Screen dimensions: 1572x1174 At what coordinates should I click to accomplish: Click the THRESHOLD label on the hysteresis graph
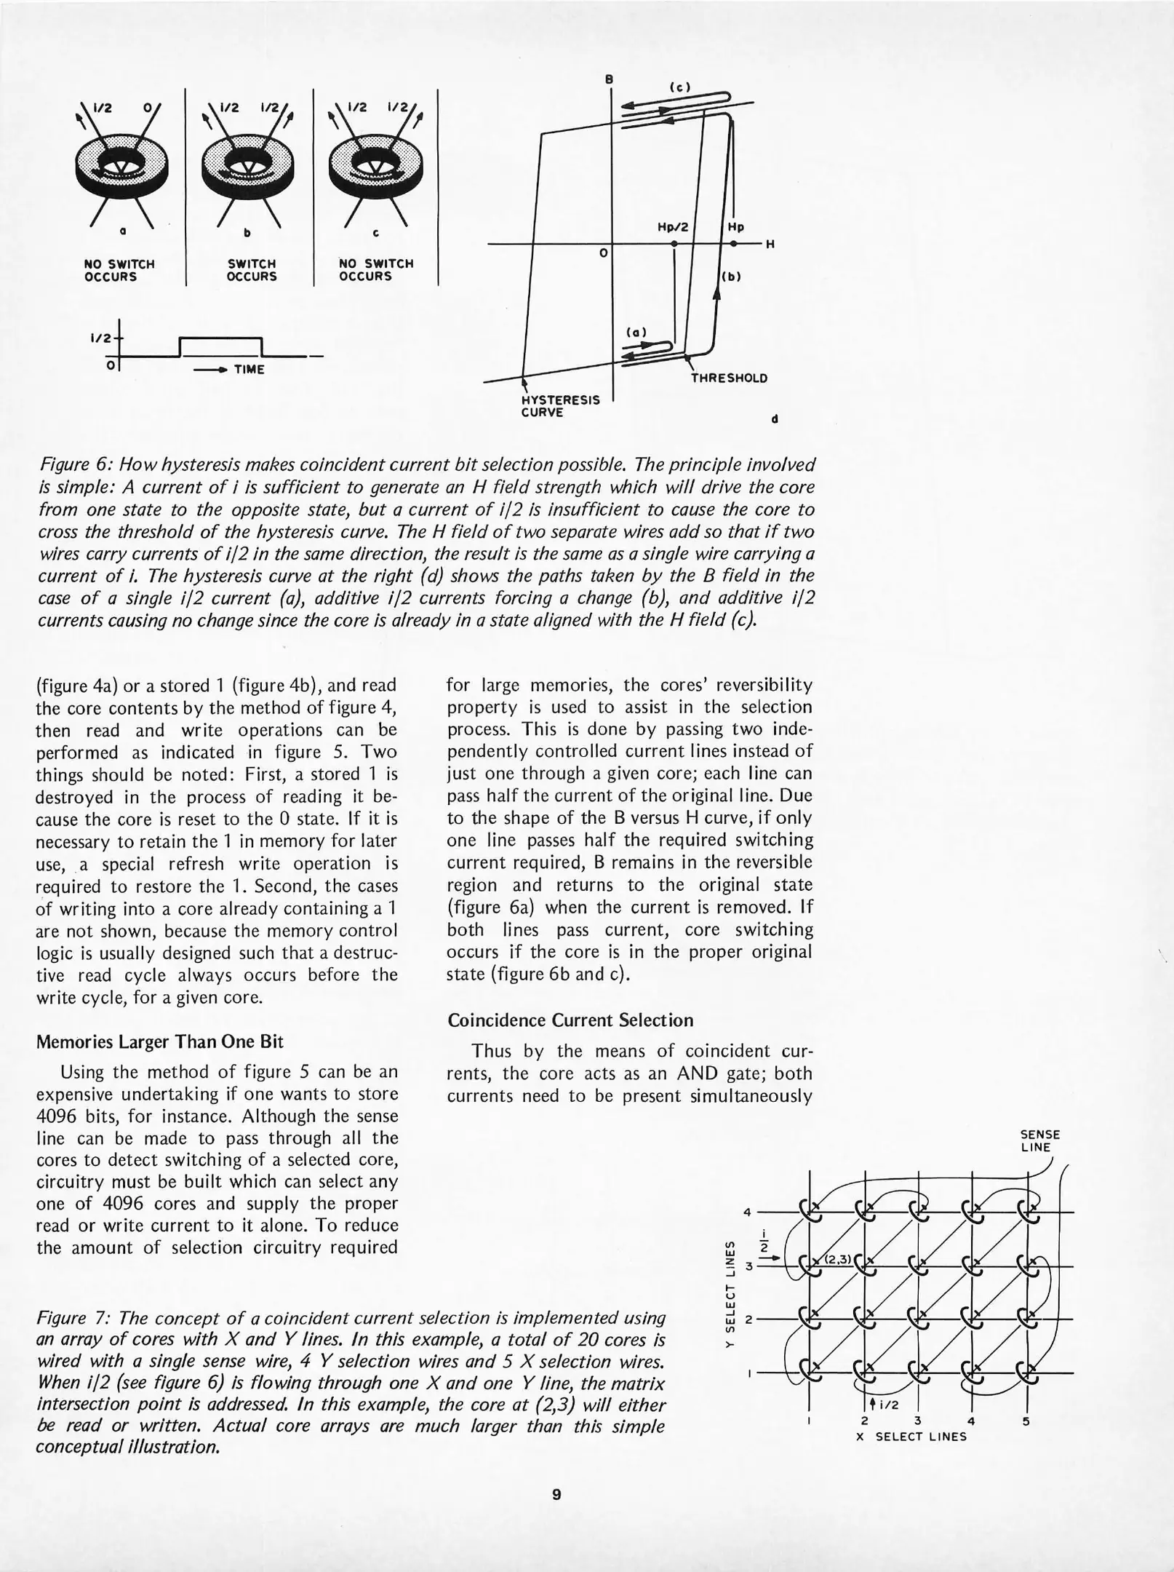[729, 378]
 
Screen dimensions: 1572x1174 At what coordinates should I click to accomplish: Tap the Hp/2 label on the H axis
[673, 227]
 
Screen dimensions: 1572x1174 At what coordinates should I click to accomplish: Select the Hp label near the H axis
[735, 227]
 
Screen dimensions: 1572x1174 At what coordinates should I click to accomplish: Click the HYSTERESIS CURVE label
[561, 406]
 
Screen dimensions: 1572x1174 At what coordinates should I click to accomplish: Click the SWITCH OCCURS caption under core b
[252, 270]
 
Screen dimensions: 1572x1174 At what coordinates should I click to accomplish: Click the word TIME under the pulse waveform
[249, 370]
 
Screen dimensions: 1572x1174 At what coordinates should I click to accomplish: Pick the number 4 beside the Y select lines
[747, 1212]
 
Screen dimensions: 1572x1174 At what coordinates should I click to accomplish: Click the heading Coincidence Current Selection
[570, 1020]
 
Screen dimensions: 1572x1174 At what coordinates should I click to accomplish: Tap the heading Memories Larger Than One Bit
[159, 1041]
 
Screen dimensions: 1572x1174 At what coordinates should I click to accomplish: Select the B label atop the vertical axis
[610, 78]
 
